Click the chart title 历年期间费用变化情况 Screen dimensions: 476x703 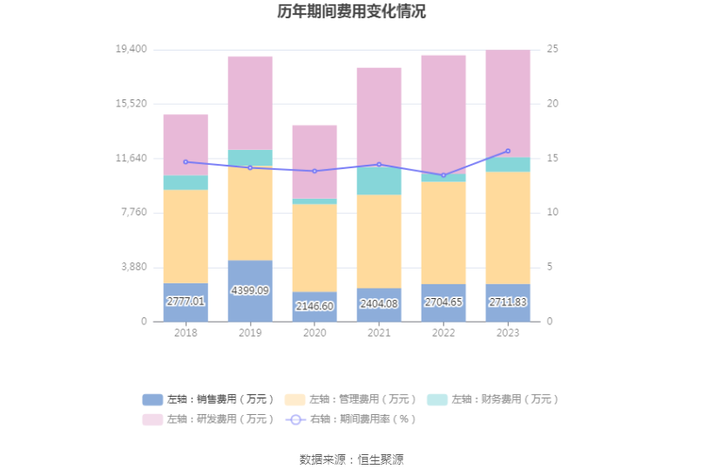(351, 12)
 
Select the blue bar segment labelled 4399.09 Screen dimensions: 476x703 (250, 291)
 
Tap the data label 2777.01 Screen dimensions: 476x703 (186, 302)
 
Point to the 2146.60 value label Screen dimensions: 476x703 (314, 306)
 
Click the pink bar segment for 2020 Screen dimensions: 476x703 (314, 161)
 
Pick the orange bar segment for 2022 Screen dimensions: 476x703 (443, 232)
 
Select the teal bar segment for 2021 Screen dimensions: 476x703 (379, 180)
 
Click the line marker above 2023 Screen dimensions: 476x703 (508, 151)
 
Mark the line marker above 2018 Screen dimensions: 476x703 (186, 161)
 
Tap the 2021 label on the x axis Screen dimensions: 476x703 (379, 333)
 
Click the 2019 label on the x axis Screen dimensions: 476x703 (250, 333)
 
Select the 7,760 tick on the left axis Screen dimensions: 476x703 (134, 213)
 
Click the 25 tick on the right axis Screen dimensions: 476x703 (552, 50)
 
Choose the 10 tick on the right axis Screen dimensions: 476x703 (552, 213)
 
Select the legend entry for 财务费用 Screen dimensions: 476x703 (492, 399)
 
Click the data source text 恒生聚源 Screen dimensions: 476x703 (381, 459)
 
